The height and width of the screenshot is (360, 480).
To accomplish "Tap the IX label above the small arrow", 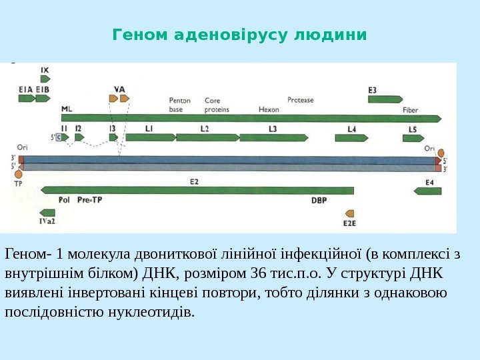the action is (45, 69).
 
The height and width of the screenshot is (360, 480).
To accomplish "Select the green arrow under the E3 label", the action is (385, 99).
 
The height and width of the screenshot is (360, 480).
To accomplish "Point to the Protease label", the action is (300, 101).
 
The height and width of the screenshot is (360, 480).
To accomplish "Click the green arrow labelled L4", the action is (352, 138).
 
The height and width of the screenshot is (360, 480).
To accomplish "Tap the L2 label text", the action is (205, 128).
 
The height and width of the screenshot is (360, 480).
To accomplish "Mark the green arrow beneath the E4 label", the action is (428, 191).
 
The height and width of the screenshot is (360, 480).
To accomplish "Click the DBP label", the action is (319, 199).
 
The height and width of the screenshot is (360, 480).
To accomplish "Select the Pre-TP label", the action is (90, 199).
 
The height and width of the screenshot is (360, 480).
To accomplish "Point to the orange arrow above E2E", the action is (348, 209).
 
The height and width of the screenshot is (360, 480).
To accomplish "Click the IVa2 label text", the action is (47, 221).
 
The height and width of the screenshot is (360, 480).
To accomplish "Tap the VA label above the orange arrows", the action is (119, 88).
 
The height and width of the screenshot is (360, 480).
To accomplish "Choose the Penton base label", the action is (180, 105).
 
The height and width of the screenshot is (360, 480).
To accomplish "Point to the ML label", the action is (67, 109).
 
